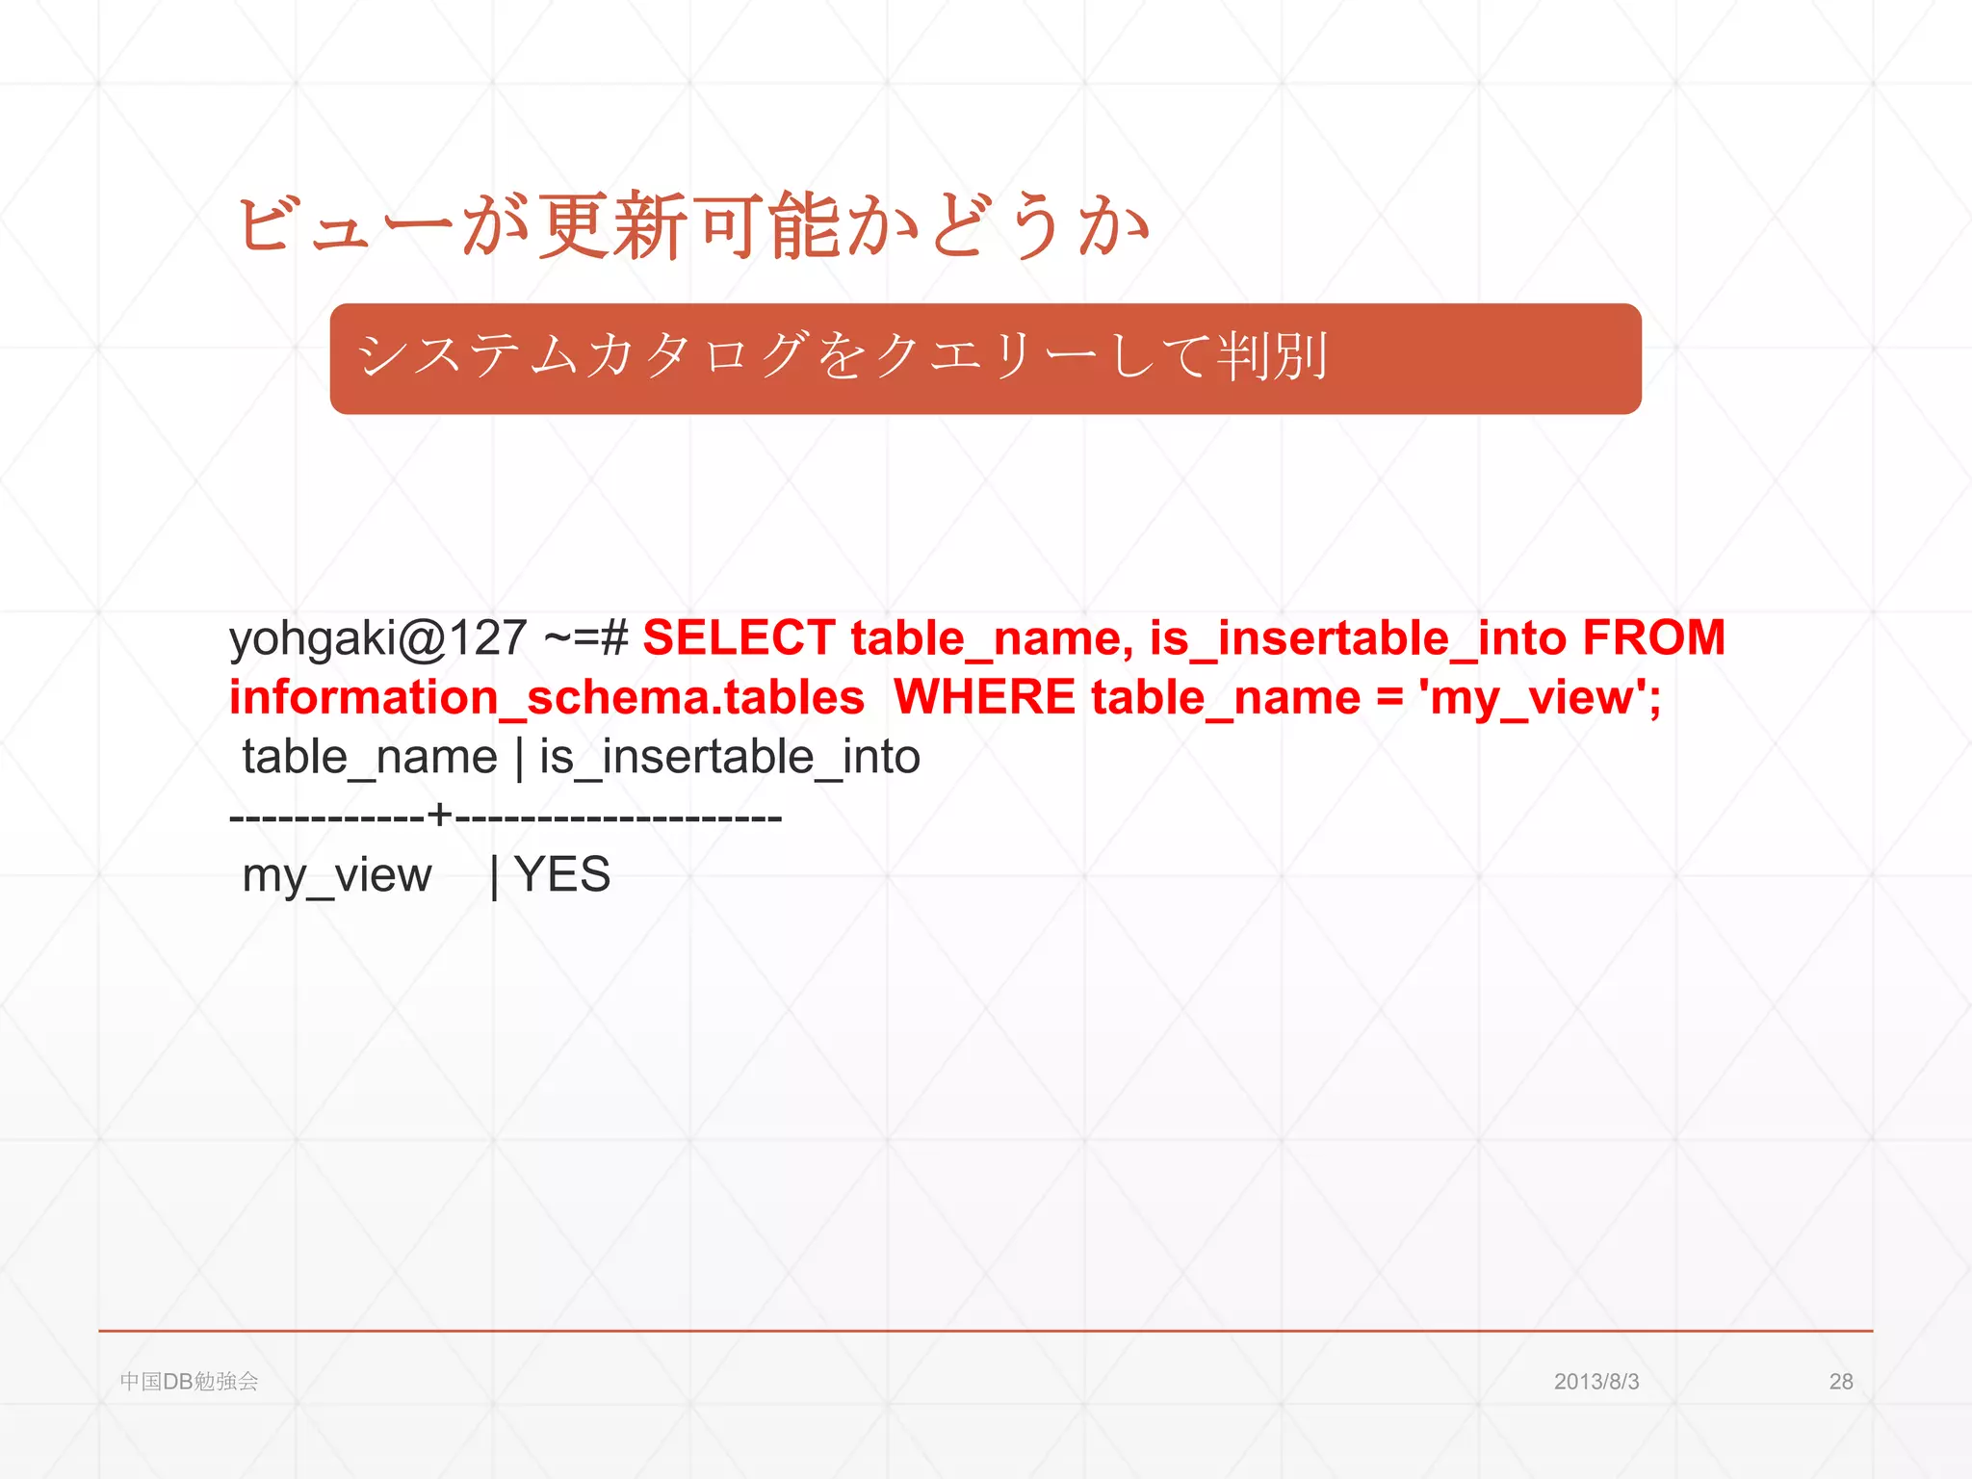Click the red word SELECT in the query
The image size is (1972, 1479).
(738, 638)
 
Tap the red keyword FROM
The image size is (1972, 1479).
(1653, 638)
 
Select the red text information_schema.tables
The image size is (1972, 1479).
(546, 697)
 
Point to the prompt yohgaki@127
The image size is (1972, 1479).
(378, 638)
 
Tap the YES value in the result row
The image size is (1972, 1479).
(562, 874)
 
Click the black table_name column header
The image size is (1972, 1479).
(369, 757)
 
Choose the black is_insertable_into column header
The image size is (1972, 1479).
(730, 757)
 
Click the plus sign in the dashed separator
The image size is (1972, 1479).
(439, 816)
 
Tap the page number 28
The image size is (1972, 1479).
(1841, 1382)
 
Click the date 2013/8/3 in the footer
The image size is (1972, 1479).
(1596, 1382)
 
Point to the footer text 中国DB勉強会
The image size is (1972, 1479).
(190, 1382)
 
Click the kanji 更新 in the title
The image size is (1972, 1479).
(611, 226)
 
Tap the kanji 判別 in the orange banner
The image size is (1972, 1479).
(1272, 356)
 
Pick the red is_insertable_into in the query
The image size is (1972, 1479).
(1358, 638)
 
